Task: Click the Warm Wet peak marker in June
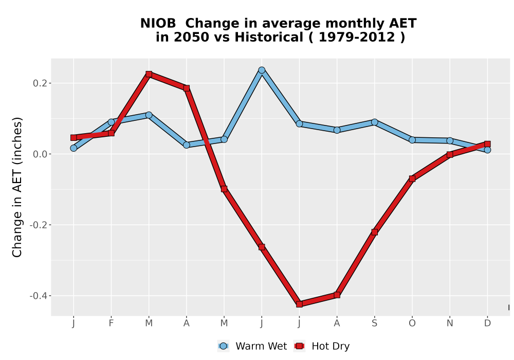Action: click(x=262, y=70)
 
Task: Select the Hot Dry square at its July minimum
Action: click(x=299, y=304)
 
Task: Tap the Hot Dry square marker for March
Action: click(x=149, y=74)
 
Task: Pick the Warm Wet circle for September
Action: click(x=374, y=122)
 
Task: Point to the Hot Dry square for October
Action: click(x=412, y=178)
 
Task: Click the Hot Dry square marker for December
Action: click(x=487, y=144)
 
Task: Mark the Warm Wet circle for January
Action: click(x=74, y=148)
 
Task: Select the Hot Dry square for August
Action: click(x=337, y=295)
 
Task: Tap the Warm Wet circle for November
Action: click(x=450, y=140)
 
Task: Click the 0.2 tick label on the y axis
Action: click(x=40, y=83)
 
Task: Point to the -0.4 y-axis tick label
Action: click(x=39, y=296)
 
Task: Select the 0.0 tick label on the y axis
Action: click(x=40, y=154)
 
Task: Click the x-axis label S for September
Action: click(x=374, y=323)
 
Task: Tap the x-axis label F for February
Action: click(x=111, y=323)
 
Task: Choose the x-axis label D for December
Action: click(x=487, y=323)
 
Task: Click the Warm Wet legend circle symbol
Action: click(x=223, y=346)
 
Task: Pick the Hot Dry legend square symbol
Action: click(x=299, y=346)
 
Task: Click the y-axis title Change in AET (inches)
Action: click(x=17, y=187)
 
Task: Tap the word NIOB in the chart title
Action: click(x=158, y=24)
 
